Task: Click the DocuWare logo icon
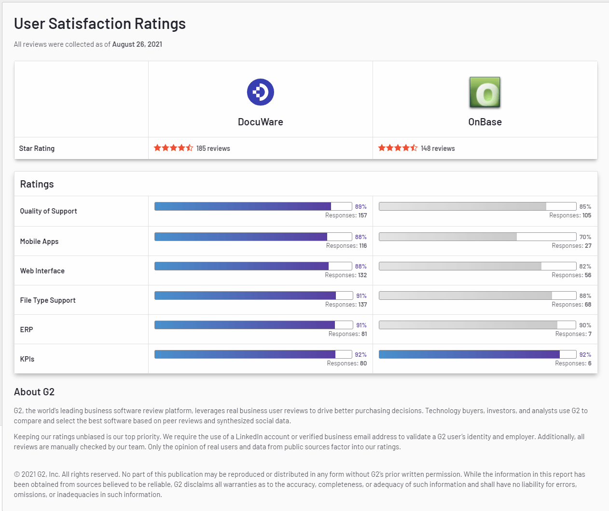[x=261, y=92]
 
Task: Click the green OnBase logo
[x=485, y=92]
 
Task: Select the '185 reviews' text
[x=213, y=148]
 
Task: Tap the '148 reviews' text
[x=438, y=148]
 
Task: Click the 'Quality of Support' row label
[x=48, y=211]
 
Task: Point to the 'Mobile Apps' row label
[x=39, y=242]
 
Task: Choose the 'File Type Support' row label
[x=48, y=300]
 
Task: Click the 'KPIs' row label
[x=27, y=359]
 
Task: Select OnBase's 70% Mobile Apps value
[x=585, y=237]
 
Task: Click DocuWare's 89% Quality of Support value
[x=360, y=207]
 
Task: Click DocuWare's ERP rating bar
[x=253, y=325]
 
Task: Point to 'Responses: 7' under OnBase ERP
[x=573, y=334]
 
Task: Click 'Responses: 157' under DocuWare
[x=346, y=215]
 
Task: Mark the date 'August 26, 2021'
[x=137, y=44]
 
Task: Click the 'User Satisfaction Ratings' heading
[x=100, y=24]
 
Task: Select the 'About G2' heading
[x=34, y=392]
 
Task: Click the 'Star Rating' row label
[x=37, y=148]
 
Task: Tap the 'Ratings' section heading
[x=37, y=184]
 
